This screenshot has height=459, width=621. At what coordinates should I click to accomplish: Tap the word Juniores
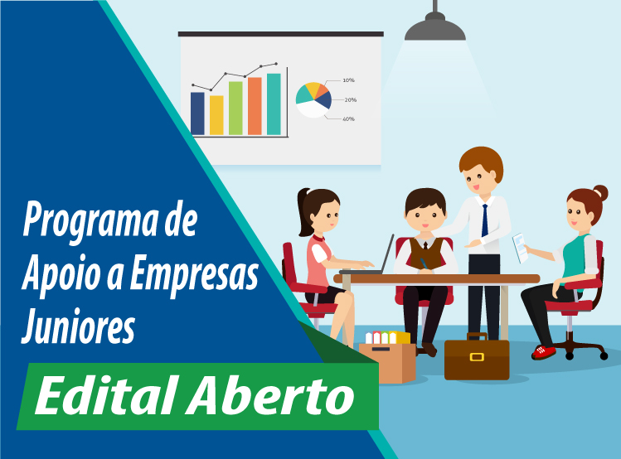click(79, 326)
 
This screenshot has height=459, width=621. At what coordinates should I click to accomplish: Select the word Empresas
click(195, 273)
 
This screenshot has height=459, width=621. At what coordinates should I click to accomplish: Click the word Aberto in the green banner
click(271, 396)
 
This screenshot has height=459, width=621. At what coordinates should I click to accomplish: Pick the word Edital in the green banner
click(105, 396)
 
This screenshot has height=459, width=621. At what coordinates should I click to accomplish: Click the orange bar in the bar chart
click(255, 106)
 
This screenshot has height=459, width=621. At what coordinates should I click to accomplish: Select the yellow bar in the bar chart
click(216, 115)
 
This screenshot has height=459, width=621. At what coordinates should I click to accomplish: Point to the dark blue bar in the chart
click(197, 114)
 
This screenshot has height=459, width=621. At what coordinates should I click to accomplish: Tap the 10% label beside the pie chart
click(348, 80)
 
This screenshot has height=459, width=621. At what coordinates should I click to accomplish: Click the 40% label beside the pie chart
click(348, 118)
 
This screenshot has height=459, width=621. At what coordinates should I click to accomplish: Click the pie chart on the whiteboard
click(313, 99)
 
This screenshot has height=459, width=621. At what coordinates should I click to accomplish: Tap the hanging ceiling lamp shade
click(434, 27)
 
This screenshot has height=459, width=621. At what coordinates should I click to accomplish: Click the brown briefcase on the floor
click(477, 357)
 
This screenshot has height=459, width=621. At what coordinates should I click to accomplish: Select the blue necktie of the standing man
click(485, 220)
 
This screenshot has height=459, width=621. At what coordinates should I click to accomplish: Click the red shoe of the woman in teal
click(544, 352)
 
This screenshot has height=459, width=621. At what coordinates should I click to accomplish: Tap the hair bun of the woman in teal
click(600, 193)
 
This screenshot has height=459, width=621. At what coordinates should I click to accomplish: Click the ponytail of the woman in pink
click(303, 213)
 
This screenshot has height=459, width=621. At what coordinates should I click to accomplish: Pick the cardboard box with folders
click(388, 358)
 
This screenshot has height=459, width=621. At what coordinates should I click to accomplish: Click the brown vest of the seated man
click(426, 254)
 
